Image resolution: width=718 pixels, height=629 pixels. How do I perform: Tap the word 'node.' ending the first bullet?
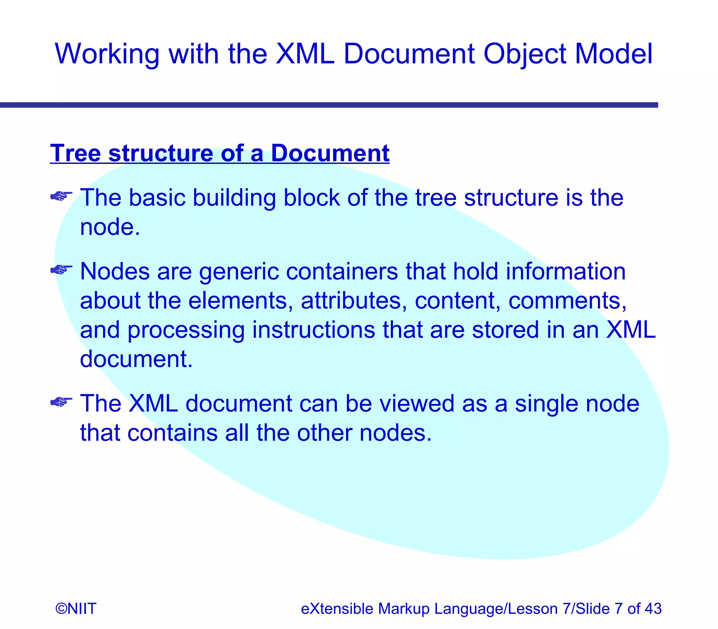coord(110,227)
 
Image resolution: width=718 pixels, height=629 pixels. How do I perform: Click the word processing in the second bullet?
coord(186,331)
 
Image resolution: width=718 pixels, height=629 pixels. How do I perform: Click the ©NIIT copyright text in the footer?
coord(76,609)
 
